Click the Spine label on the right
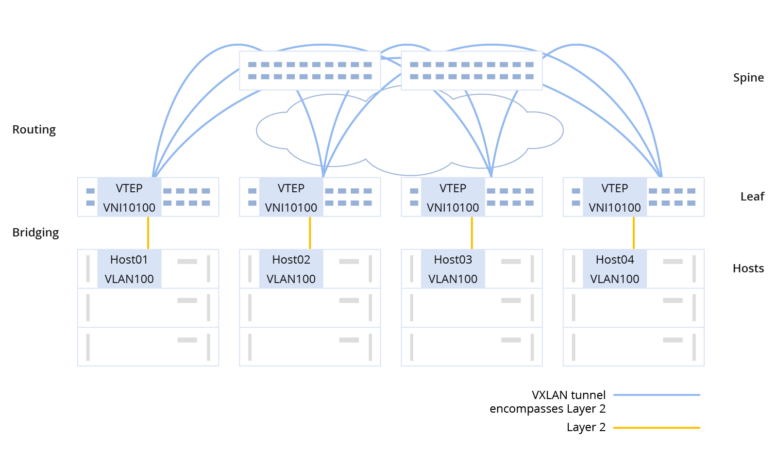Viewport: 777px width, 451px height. coord(748,78)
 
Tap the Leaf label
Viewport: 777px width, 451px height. coord(752,197)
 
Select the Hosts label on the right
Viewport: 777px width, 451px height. coord(748,268)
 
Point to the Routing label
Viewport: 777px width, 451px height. coord(34,130)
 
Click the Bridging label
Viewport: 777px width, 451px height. coord(35,233)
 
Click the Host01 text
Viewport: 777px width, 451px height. coord(129,260)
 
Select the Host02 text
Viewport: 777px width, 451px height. coord(291,260)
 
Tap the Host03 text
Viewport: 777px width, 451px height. coord(453,260)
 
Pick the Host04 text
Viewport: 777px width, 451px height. coord(614,260)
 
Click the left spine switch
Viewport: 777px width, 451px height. coord(310,71)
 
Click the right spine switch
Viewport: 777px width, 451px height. coord(472,71)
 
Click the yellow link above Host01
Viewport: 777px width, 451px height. coord(148,233)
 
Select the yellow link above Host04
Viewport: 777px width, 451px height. coord(633,233)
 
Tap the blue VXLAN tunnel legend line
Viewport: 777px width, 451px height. coord(656,395)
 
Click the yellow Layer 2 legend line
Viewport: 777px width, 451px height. coord(656,428)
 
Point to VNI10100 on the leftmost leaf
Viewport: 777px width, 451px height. coord(129,208)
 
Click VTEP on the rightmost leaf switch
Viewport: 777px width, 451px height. coord(614,188)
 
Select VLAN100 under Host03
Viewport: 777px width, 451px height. coord(453,279)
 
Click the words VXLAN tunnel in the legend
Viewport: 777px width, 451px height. coord(568,395)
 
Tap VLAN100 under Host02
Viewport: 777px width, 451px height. coord(291,279)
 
